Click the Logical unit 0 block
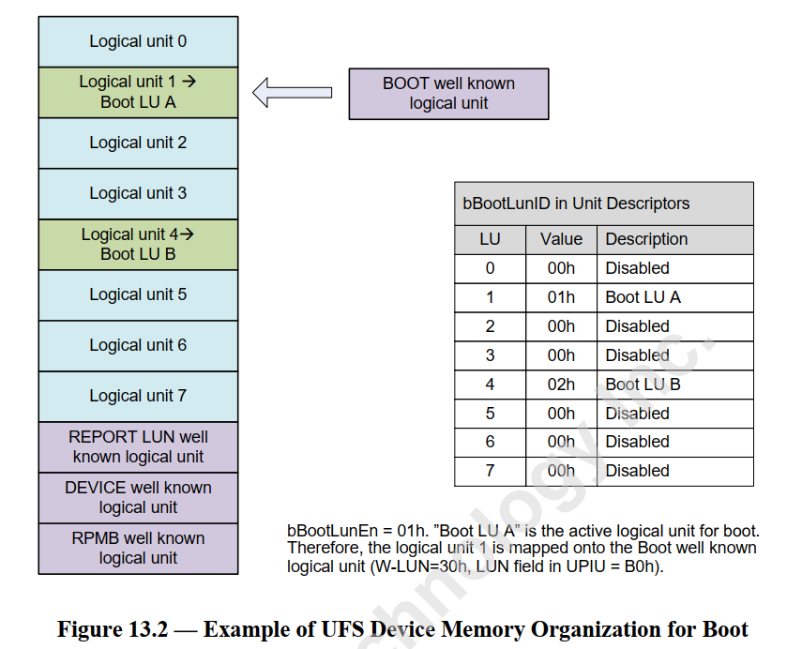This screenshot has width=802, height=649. click(x=138, y=41)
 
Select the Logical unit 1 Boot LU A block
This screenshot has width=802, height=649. click(x=138, y=92)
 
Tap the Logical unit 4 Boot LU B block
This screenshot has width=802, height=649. click(x=138, y=244)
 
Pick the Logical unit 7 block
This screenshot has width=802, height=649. click(x=138, y=396)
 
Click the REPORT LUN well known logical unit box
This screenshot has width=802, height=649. click(x=138, y=447)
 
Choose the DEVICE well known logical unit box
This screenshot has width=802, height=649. click(x=138, y=498)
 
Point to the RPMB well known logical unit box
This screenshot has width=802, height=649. click(x=138, y=549)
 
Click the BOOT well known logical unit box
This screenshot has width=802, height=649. click(x=448, y=93)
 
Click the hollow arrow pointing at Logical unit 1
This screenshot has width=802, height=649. click(x=292, y=92)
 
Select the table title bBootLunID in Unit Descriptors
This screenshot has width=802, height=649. click(x=576, y=204)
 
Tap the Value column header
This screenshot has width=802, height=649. click(x=561, y=239)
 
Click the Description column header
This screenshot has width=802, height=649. click(x=646, y=239)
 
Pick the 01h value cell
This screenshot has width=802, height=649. click(x=561, y=297)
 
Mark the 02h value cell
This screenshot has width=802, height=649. click(x=561, y=385)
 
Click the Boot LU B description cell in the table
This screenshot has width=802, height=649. click(x=643, y=385)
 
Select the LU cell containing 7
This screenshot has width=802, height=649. click(x=490, y=471)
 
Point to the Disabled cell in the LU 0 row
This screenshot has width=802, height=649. click(x=638, y=268)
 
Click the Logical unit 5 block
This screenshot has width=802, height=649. click(x=138, y=294)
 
